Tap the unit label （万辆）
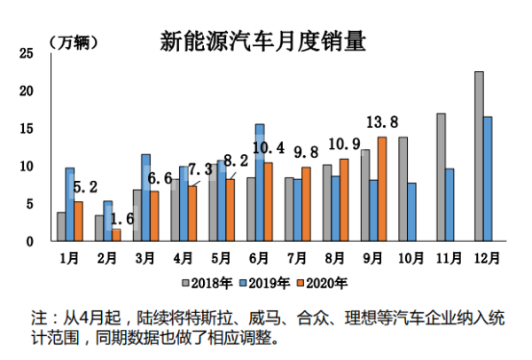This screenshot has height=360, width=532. coord(73,42)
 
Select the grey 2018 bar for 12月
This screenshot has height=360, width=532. coord(479,156)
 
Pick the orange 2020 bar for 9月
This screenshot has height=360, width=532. coord(382,189)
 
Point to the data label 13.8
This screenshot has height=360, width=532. coord(382,121)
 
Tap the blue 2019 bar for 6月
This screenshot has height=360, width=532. coord(260,183)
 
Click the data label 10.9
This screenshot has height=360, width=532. coord(344,144)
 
